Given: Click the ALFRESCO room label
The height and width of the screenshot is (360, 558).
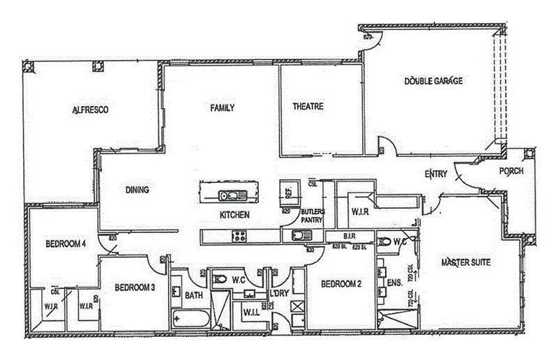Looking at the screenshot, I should (91, 110).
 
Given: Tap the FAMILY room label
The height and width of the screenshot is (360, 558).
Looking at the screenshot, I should (223, 108).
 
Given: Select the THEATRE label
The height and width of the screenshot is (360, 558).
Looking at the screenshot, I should (308, 107).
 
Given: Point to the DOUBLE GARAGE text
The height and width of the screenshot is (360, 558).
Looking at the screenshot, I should (433, 81).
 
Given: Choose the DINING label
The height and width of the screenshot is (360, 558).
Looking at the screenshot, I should (137, 189).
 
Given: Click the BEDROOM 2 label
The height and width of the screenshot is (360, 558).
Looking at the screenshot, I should (341, 284).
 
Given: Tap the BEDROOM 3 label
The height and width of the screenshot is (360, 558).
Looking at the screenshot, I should (135, 287).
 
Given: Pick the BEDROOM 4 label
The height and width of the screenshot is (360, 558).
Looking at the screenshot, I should (66, 243).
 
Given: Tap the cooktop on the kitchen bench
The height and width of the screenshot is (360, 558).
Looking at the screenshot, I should (239, 235).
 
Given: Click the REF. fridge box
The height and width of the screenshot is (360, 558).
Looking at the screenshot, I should (287, 191).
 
